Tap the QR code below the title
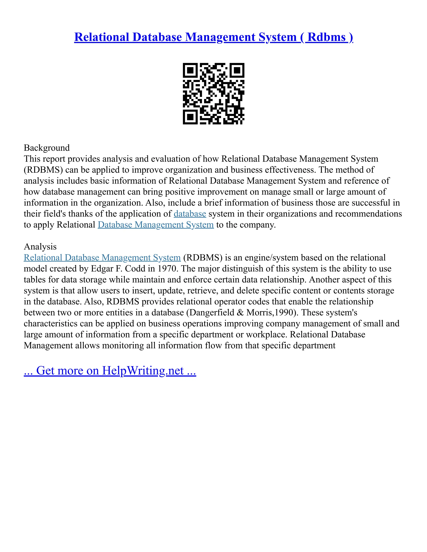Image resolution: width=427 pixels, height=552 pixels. [x=213, y=94]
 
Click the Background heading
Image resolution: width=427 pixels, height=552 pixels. [x=46, y=148]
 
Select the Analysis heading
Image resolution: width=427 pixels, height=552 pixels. [x=40, y=246]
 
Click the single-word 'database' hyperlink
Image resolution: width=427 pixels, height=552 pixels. [x=190, y=214]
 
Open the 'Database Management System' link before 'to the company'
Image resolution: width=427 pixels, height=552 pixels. [x=156, y=225]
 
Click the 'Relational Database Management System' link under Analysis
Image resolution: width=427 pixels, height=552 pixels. [x=102, y=257]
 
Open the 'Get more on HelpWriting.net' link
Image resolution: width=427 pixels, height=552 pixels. [x=110, y=371]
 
